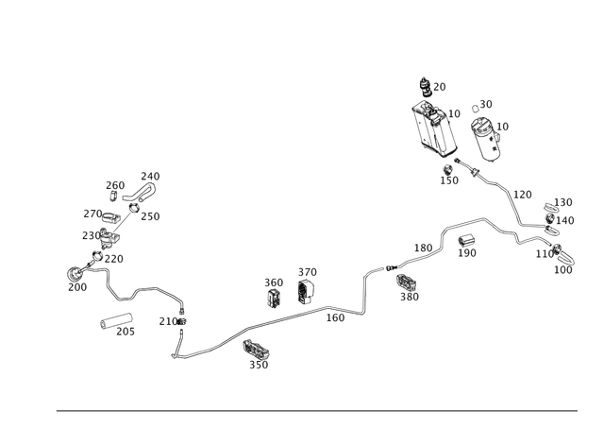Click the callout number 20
pos(440,87)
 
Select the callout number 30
pos(486,105)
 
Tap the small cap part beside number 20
pos(426,87)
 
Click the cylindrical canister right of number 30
pos(486,140)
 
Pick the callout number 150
pos(449,180)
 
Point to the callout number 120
pos(523,195)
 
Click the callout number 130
pos(563,202)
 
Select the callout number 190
pos(467,253)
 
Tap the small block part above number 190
pos(466,241)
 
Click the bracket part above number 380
pos(406,282)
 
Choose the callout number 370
pos(308,272)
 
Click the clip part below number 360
pos(275,298)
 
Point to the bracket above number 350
pos(256,350)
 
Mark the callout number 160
pos(336,317)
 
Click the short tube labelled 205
pos(116,321)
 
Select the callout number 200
pos(77,287)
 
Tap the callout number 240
pos(150,177)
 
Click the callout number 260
pos(115,185)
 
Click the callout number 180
pos(424,248)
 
